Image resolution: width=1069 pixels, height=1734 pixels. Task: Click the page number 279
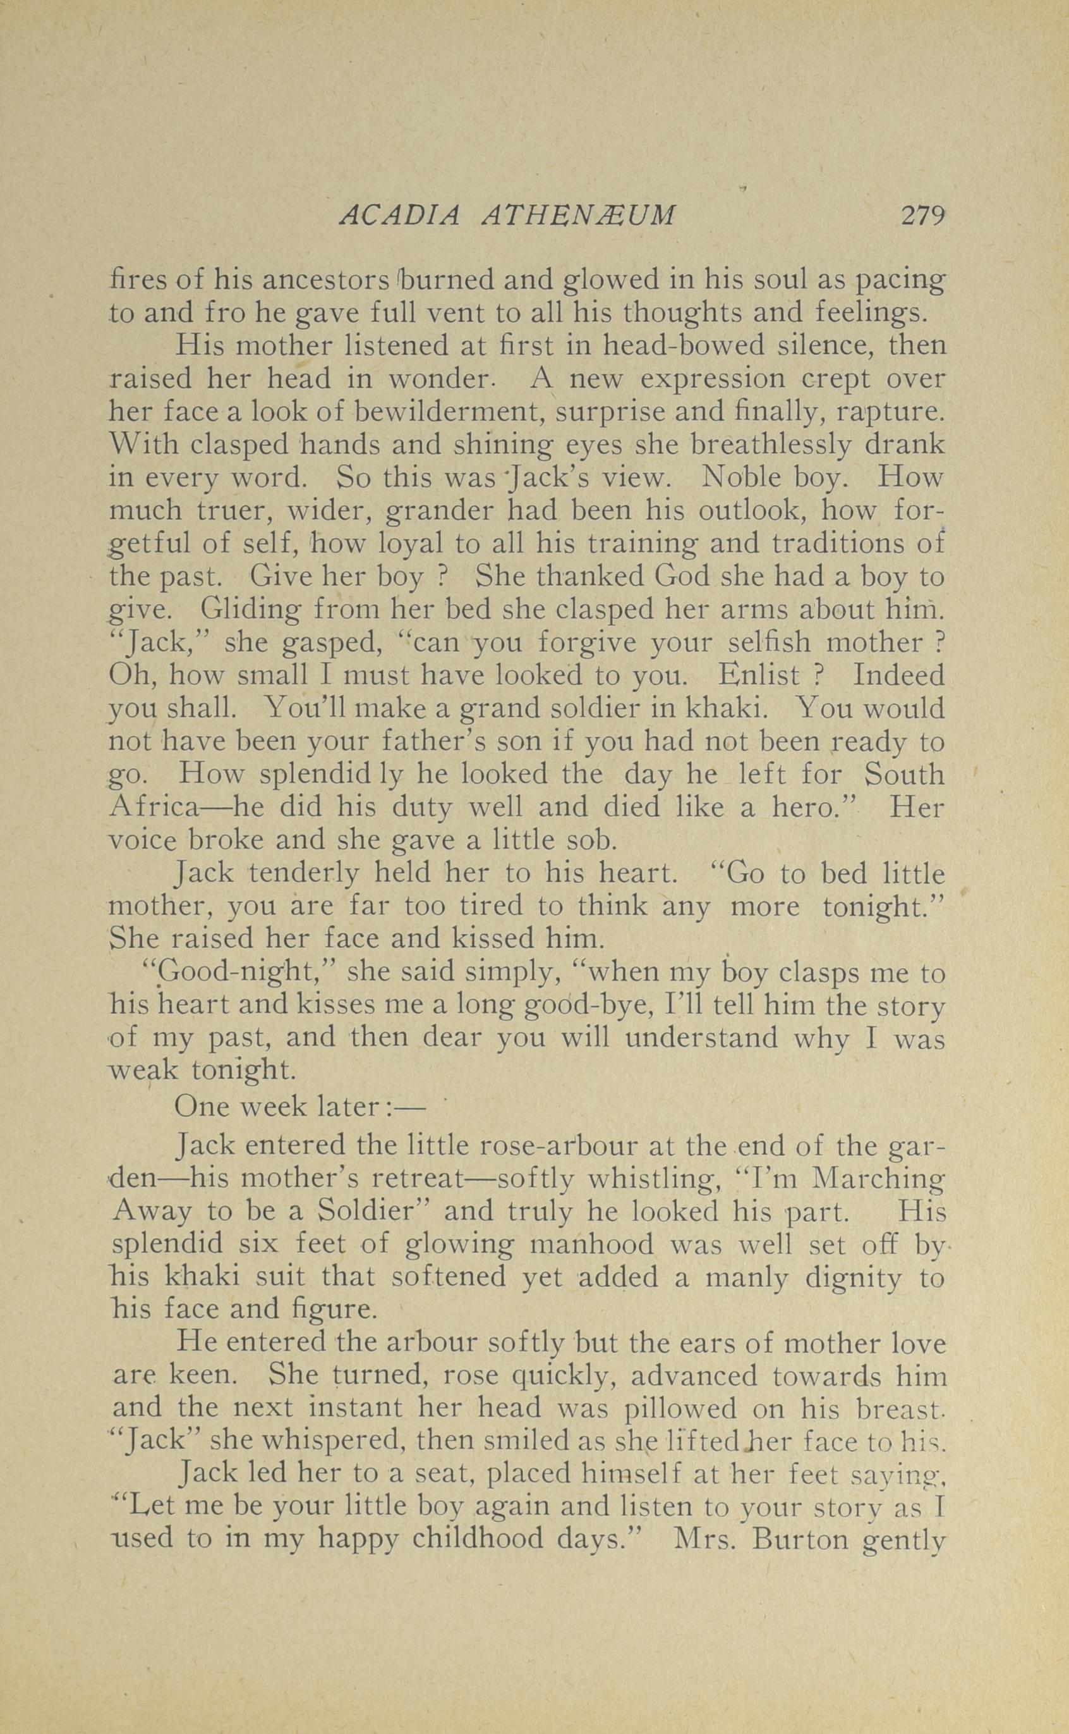click(922, 215)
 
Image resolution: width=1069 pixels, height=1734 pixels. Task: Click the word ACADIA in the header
click(400, 215)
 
